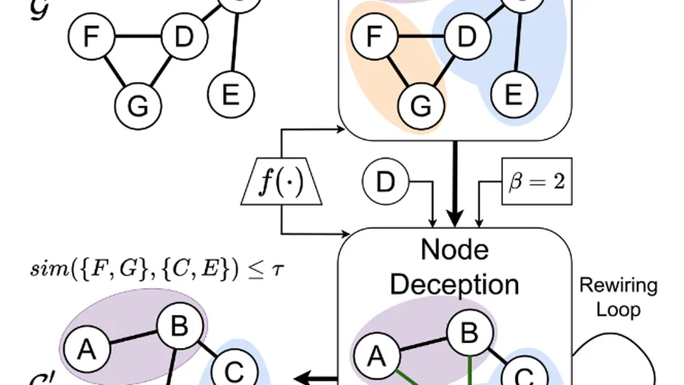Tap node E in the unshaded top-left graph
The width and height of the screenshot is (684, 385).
[x=230, y=93]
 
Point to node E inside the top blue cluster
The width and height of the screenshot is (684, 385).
[x=512, y=93]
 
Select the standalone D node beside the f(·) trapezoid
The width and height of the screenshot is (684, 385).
[x=385, y=183]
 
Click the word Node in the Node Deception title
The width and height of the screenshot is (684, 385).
[x=455, y=250]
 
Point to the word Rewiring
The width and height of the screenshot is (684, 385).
[x=618, y=286]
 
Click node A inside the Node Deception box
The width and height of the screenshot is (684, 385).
[x=376, y=355]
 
